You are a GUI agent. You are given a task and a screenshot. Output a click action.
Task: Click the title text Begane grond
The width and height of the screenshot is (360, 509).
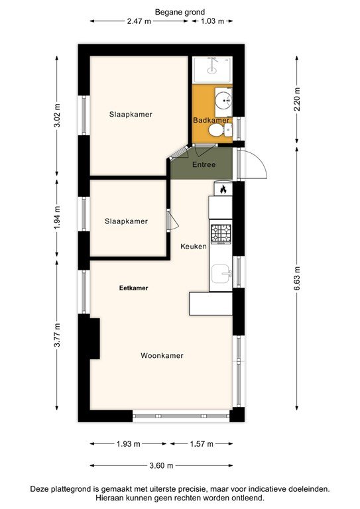(x=180, y=12)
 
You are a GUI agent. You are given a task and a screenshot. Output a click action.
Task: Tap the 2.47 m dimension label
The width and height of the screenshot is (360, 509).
(x=139, y=21)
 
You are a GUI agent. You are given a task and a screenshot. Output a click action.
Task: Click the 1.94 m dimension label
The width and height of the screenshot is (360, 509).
(x=58, y=217)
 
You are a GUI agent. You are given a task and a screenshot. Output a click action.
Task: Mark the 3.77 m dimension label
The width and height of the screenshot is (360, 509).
(x=58, y=335)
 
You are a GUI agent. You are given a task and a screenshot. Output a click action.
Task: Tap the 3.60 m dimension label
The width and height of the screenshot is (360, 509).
(x=161, y=465)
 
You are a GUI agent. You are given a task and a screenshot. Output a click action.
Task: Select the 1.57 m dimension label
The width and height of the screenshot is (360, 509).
(x=202, y=443)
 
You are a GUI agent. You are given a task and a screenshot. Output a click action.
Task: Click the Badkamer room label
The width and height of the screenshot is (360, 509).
(x=211, y=120)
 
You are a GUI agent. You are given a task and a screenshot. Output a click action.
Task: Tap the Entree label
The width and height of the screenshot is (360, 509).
(x=203, y=164)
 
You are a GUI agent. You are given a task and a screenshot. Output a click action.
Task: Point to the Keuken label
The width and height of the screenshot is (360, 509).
(x=194, y=247)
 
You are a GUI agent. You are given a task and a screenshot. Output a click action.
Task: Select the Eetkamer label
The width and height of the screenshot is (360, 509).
(x=133, y=288)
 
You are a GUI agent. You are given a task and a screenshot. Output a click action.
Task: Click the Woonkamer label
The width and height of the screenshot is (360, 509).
(x=162, y=356)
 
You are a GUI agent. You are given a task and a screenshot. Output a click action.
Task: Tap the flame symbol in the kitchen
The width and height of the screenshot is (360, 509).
(x=223, y=190)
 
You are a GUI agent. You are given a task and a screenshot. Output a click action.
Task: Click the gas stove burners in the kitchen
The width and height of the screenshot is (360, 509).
(x=221, y=233)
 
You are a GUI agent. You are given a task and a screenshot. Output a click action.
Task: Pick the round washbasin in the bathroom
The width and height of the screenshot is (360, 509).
(x=223, y=102)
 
